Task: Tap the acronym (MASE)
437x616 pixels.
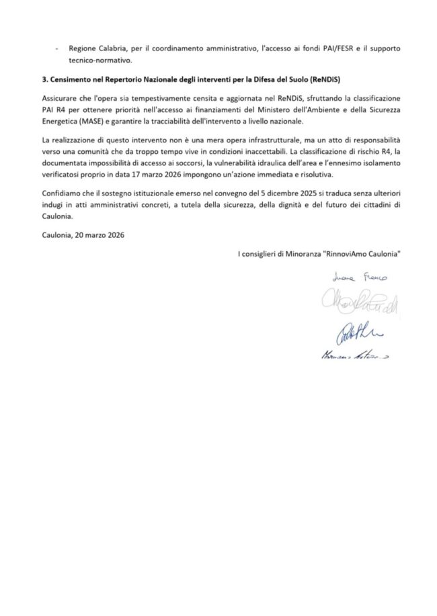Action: click(83, 121)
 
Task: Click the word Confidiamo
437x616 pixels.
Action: click(62, 195)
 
